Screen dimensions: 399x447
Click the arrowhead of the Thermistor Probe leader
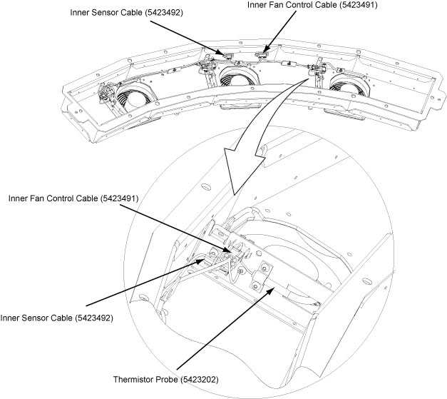pos(274,288)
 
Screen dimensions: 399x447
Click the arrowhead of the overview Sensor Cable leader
pos(221,55)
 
